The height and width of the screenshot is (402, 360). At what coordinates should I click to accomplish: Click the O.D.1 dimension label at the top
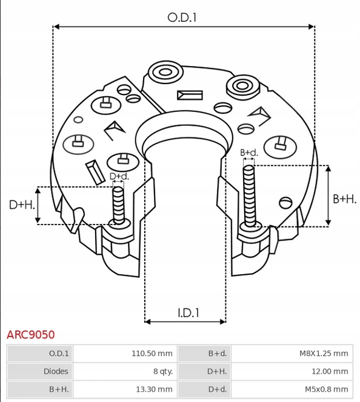(x=182, y=18)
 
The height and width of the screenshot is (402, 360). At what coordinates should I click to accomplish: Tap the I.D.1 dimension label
(x=188, y=313)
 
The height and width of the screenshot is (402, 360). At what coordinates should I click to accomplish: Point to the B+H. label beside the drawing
(x=345, y=199)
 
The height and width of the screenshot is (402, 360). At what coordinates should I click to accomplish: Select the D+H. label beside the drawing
(x=22, y=205)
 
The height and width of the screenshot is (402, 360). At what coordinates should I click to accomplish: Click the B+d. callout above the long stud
(x=249, y=153)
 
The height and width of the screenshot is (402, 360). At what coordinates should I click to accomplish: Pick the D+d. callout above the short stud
(x=119, y=176)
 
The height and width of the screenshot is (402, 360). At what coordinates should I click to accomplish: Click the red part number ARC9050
(x=30, y=335)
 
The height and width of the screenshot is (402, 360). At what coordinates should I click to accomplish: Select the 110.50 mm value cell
(x=152, y=354)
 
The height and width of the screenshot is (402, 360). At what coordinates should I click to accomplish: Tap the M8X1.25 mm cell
(x=324, y=354)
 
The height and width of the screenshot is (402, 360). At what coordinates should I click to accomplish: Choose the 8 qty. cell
(x=163, y=371)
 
